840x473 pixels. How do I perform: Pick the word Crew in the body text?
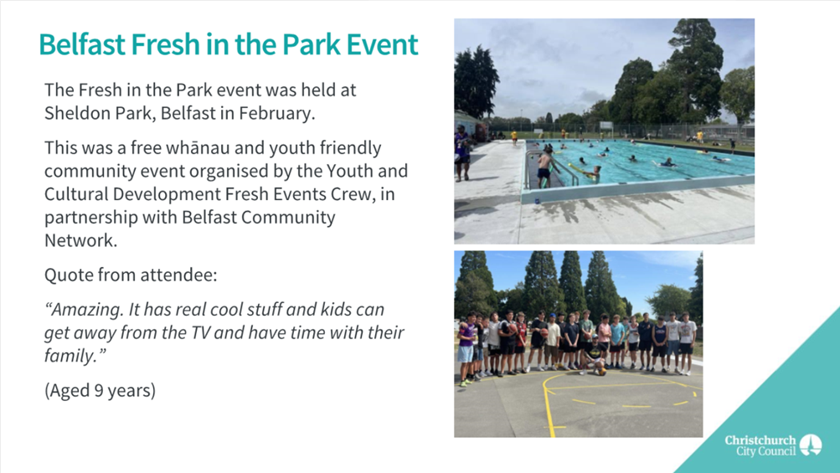(x=353, y=194)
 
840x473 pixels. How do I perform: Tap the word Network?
(x=80, y=240)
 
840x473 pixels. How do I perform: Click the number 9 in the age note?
(x=99, y=390)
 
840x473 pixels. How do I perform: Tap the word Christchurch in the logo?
(x=760, y=440)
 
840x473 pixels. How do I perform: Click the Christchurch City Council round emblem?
(x=811, y=445)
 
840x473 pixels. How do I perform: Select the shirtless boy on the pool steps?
(x=544, y=167)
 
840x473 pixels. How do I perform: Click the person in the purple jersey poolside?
(x=461, y=152)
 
